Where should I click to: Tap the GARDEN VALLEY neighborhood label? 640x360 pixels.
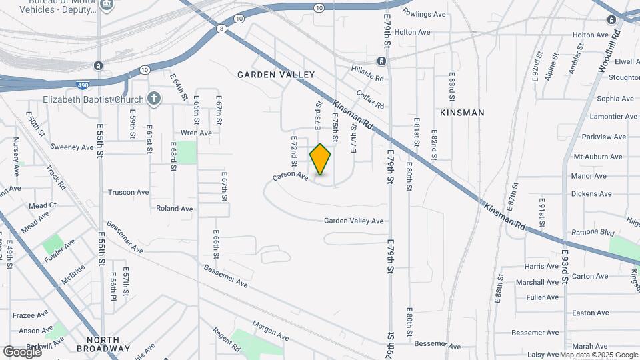[275, 75]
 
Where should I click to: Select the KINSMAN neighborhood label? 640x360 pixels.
[462, 113]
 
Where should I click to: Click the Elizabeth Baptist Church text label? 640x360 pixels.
[94, 99]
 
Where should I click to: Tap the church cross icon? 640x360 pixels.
[154, 99]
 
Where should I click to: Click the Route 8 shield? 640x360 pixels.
[221, 28]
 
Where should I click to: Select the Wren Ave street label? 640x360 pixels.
[196, 133]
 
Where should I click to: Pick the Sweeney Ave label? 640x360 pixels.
[73, 147]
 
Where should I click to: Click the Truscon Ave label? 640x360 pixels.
[129, 193]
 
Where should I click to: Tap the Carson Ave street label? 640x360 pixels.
[290, 177]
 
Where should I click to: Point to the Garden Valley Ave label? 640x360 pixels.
[354, 221]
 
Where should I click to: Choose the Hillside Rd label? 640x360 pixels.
[368, 73]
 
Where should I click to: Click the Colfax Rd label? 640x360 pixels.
[370, 100]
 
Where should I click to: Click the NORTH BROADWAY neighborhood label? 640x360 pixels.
[103, 344]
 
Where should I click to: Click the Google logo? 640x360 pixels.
[21, 351]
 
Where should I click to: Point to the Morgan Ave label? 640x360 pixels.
[273, 329]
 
